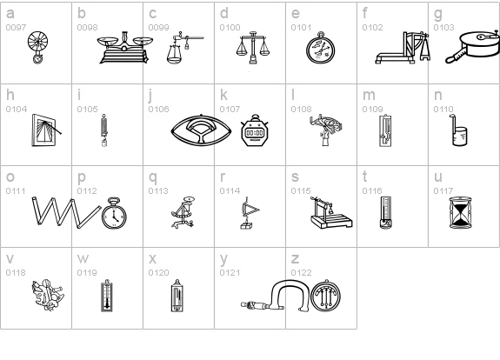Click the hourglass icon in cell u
pos(460,213)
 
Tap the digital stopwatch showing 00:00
pos(255,130)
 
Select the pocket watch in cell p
pos(114,213)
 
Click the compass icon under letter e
pos(321,48)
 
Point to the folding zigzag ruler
pos(66,212)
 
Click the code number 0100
pos(230,28)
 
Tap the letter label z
pos(295,258)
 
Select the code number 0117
pos(443,190)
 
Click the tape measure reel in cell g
pos(472,48)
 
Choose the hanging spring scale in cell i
pos(104,130)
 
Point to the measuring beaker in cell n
pos(458,130)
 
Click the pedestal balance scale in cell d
pos(253,48)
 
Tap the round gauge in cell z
pos(325,296)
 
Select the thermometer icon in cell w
pos(107,296)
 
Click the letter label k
pos(223,95)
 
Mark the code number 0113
pos(158,190)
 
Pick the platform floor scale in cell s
pos(331,213)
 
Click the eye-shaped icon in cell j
pos(201,130)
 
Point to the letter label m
pos(369,96)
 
